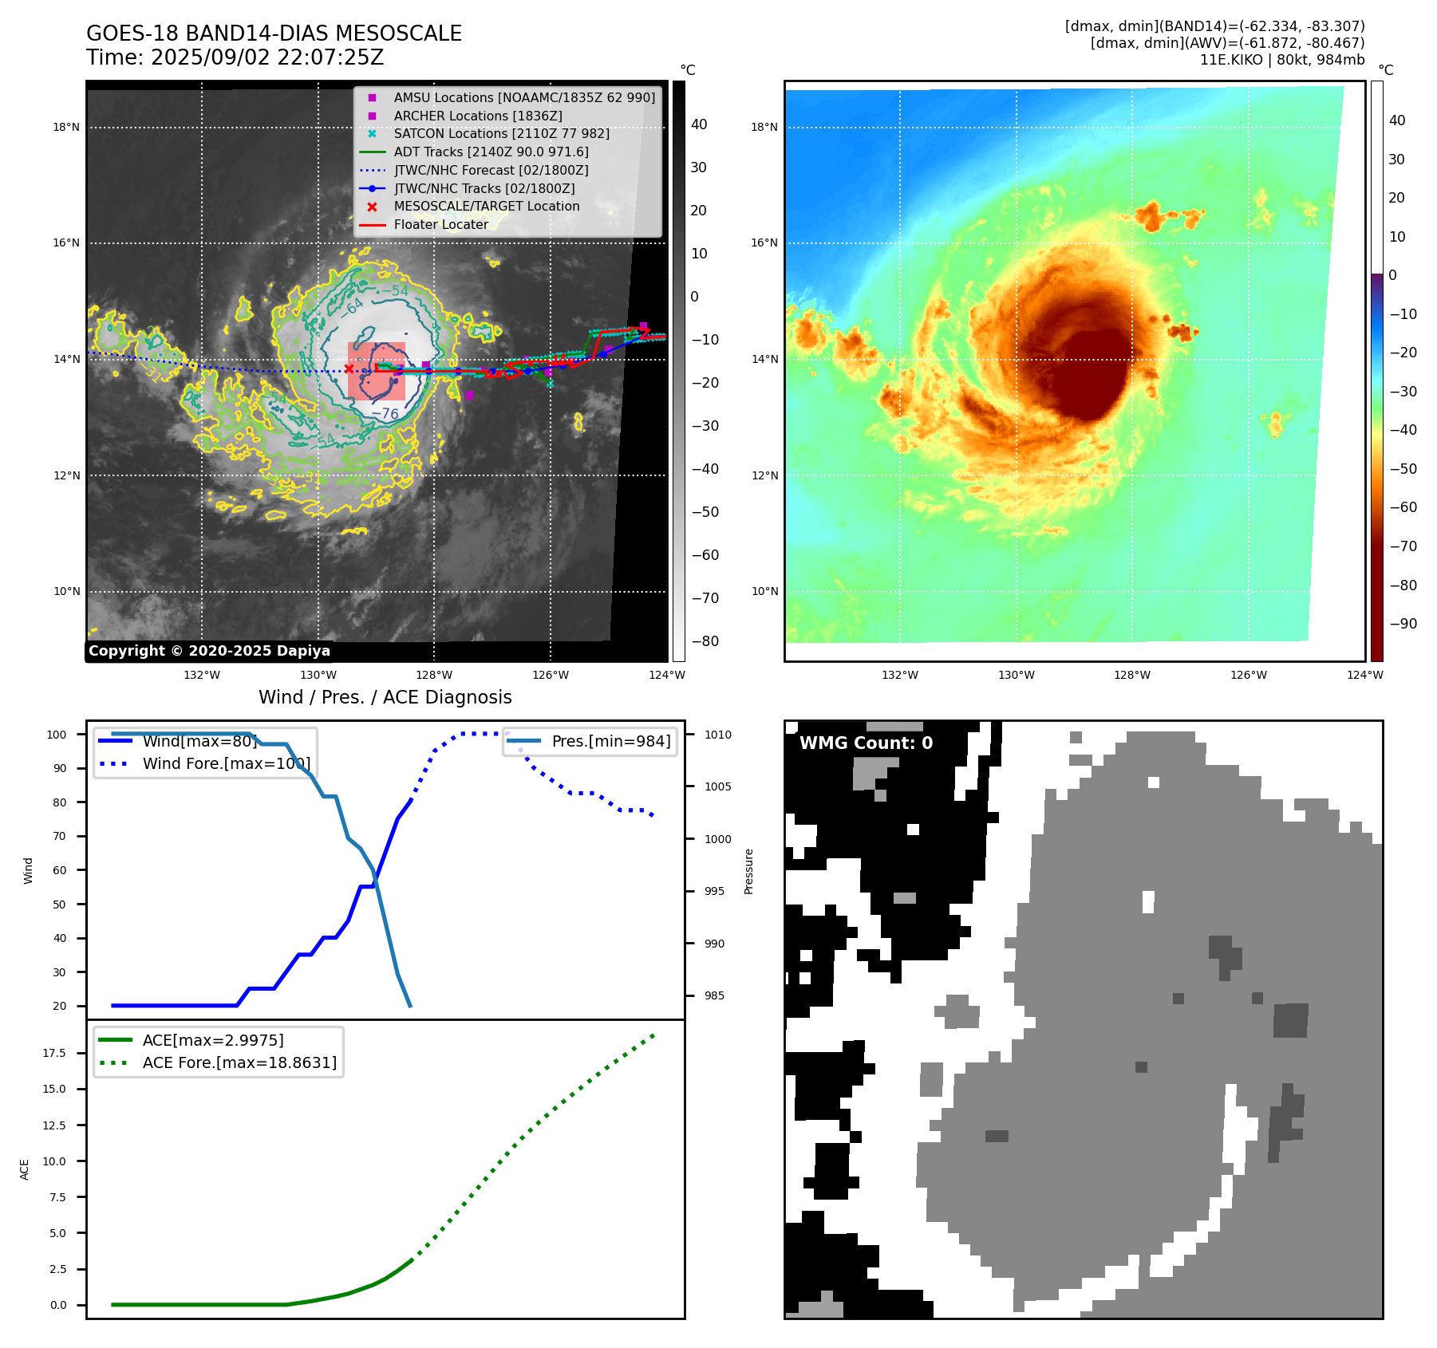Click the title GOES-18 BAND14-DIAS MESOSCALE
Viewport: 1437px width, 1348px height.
point(274,34)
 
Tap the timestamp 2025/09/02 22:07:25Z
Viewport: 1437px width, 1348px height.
point(266,57)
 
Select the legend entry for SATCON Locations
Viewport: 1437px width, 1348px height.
point(501,133)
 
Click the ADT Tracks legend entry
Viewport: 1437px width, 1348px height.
point(491,152)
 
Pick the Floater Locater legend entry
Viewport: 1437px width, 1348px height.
point(440,224)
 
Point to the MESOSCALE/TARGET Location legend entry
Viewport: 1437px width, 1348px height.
point(486,206)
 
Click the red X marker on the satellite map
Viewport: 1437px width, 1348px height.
point(349,369)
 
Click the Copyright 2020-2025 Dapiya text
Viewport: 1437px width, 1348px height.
point(209,651)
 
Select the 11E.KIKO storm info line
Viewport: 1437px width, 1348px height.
point(1281,60)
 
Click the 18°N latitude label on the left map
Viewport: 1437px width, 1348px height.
point(66,127)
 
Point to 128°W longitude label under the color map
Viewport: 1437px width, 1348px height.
point(1132,675)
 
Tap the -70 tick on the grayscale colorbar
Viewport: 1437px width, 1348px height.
point(705,598)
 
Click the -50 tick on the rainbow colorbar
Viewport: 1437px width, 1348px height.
point(1403,468)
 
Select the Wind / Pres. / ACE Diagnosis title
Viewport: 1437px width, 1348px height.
point(385,697)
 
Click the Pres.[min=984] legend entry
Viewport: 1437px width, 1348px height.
point(610,741)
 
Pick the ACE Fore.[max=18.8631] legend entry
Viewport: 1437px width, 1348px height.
point(239,1062)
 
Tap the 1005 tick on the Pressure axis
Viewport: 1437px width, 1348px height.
point(717,786)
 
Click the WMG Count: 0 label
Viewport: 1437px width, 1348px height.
point(866,743)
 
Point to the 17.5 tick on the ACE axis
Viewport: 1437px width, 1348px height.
point(54,1053)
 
